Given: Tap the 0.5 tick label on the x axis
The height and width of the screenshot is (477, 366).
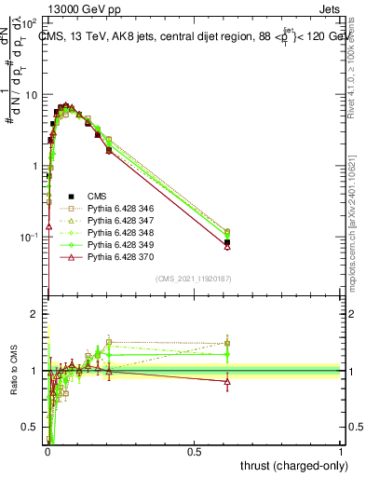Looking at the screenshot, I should point(194,451).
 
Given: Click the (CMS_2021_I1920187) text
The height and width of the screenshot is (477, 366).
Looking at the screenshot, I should point(193,278).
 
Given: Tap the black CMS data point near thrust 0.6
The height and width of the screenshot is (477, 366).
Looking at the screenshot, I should point(228,242).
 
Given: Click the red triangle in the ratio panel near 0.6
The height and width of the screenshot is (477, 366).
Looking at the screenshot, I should point(228,381).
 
